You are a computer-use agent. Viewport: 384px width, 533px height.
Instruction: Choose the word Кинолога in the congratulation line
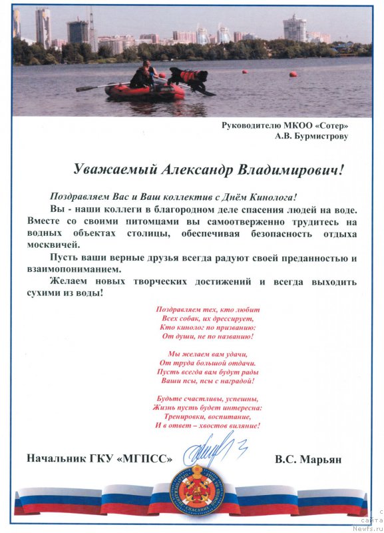point(268,197)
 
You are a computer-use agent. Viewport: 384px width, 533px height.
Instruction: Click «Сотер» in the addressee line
point(332,125)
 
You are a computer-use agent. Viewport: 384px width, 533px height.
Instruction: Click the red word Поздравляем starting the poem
point(180,310)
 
